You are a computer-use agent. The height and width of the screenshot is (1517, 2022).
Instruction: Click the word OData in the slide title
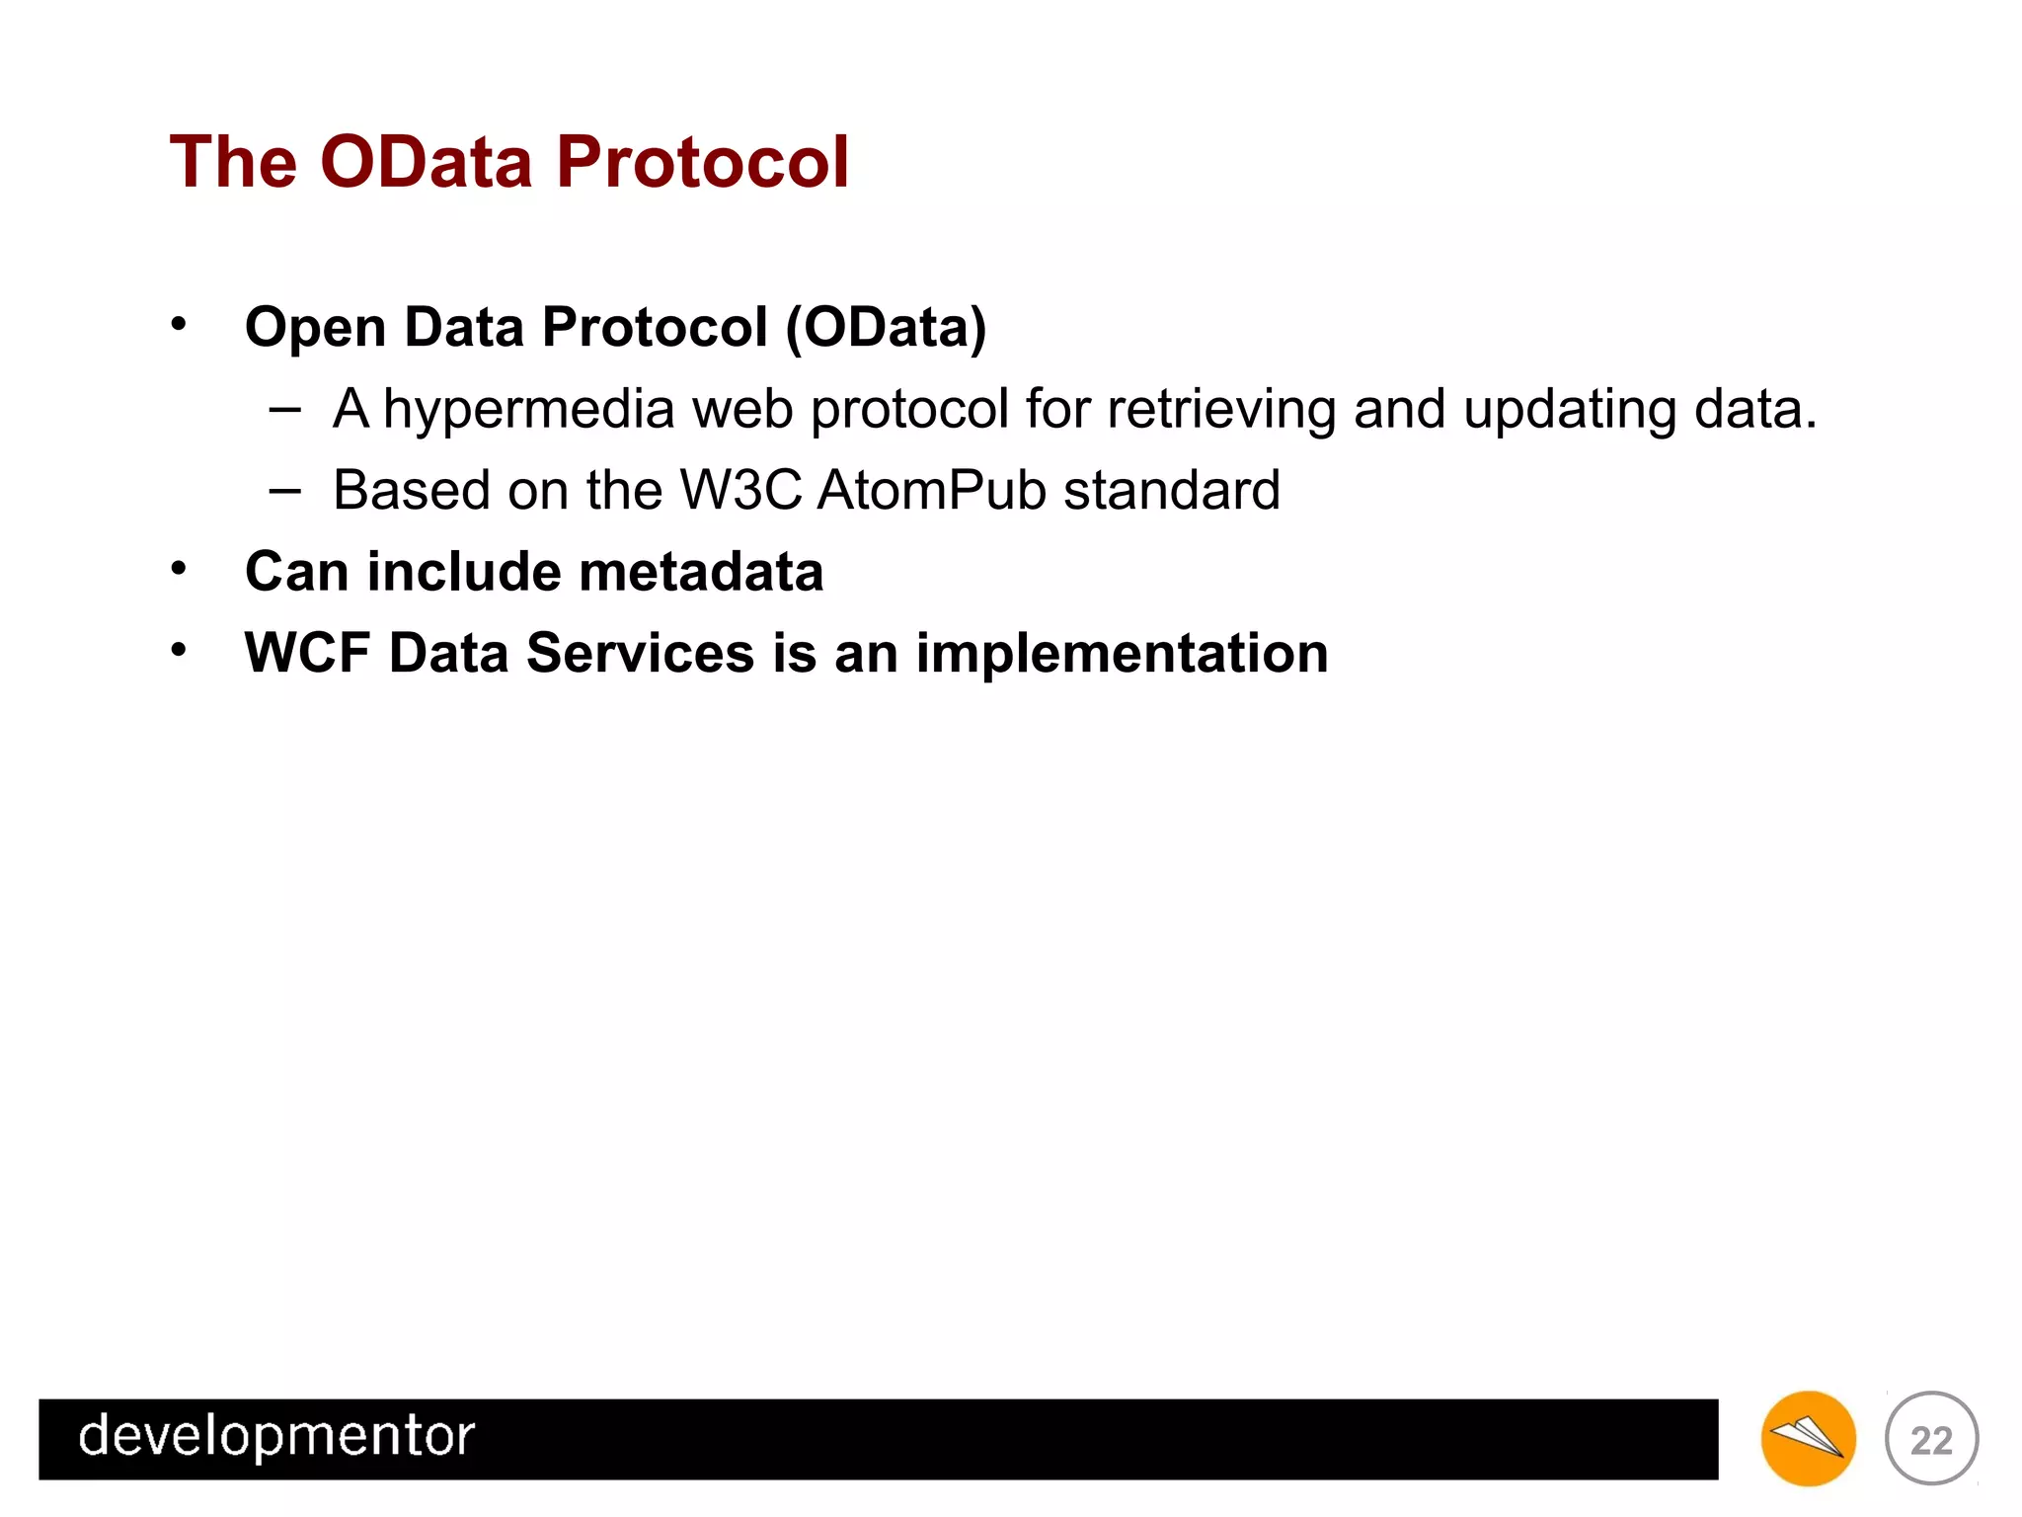tap(427, 162)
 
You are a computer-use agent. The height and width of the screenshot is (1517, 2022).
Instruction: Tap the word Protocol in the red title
tap(702, 162)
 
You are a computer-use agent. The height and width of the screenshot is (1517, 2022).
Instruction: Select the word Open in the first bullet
tap(315, 329)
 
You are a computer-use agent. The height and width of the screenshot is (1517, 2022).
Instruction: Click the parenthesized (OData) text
tap(886, 327)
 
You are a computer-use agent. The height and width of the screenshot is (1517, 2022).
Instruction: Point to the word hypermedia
tap(528, 410)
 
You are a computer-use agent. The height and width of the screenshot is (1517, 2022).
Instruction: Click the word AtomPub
tap(932, 490)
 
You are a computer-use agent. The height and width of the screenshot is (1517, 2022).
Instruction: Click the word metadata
tap(701, 572)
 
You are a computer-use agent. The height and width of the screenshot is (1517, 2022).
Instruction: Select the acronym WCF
tap(307, 653)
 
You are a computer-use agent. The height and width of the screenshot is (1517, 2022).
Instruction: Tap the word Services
tap(640, 653)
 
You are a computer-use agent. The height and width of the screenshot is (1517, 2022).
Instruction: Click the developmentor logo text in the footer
tap(276, 1436)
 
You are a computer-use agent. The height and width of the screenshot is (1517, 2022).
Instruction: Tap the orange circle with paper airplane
tap(1808, 1438)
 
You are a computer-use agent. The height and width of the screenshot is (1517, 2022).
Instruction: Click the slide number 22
tap(1931, 1440)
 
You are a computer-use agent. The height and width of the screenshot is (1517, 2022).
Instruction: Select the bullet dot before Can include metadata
tap(178, 568)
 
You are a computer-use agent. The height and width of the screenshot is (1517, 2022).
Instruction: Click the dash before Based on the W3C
tap(284, 490)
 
